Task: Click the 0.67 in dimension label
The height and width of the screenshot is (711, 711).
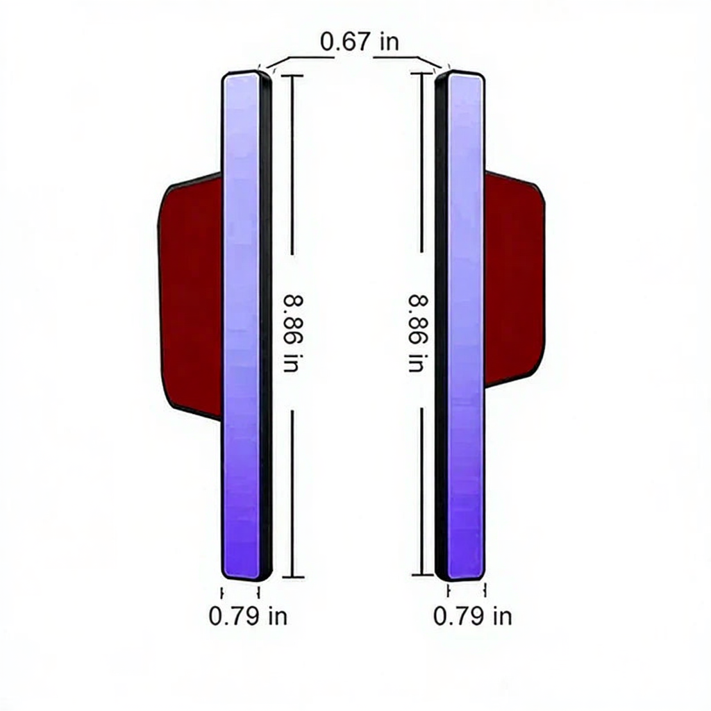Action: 360,42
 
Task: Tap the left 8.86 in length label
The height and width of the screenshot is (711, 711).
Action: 292,333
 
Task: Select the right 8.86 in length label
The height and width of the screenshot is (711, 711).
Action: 418,333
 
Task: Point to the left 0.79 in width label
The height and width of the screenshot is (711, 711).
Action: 248,617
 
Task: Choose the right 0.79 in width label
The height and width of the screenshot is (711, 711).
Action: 472,617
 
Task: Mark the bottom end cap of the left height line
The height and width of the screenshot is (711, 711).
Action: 293,577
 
